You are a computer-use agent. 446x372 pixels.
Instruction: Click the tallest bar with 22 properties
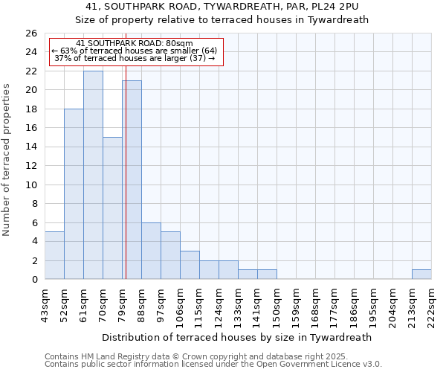pyautogui.click(x=93, y=175)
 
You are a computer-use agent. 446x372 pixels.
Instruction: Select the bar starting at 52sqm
pyautogui.click(x=74, y=193)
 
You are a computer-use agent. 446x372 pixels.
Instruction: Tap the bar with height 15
pyautogui.click(x=112, y=208)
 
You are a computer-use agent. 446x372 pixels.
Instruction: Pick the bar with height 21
pyautogui.click(x=132, y=179)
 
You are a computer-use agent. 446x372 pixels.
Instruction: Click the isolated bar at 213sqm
pyautogui.click(x=421, y=274)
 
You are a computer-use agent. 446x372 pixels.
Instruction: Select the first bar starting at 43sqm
pyautogui.click(x=54, y=255)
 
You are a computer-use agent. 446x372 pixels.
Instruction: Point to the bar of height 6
pyautogui.click(x=151, y=251)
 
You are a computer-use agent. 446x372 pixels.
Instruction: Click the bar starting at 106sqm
pyautogui.click(x=190, y=265)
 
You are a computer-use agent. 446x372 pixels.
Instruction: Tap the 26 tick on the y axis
pyautogui.click(x=30, y=33)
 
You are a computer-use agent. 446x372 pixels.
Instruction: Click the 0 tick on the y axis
pyautogui.click(x=33, y=280)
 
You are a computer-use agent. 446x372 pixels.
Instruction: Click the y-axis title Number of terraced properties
pyautogui.click(x=7, y=159)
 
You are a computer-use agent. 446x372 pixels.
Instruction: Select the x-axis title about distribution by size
pyautogui.click(x=237, y=337)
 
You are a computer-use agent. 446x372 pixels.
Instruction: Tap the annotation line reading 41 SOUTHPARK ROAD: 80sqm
pyautogui.click(x=135, y=44)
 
